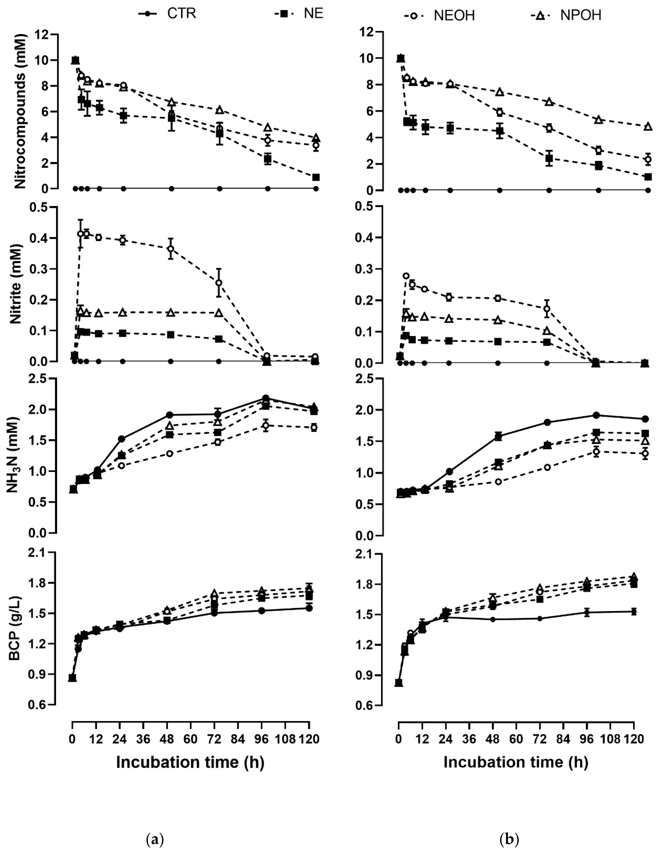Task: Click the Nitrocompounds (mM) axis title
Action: [20, 111]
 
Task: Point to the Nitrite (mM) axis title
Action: [16, 284]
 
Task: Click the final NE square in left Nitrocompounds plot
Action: [316, 177]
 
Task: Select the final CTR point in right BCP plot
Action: [634, 612]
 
